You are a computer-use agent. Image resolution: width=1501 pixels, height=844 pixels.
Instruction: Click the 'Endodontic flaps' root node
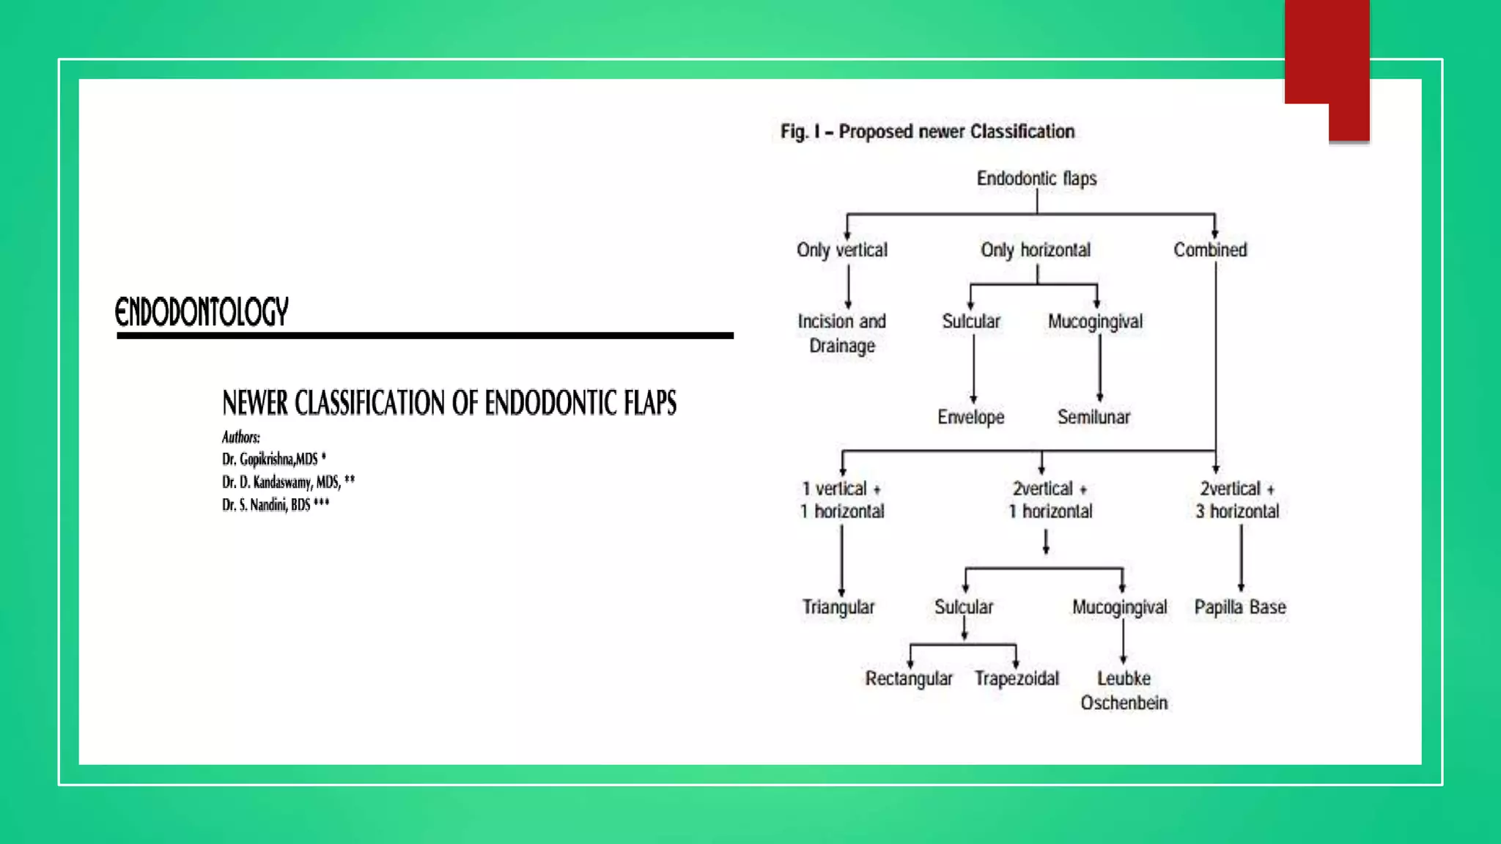click(1036, 178)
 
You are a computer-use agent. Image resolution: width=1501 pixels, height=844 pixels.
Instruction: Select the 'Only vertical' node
click(841, 250)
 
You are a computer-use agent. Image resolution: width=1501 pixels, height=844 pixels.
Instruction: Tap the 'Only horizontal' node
click(1035, 250)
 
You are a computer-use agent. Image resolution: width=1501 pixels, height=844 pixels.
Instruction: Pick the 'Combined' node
click(1210, 250)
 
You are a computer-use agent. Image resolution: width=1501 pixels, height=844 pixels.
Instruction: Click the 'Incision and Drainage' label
click(841, 333)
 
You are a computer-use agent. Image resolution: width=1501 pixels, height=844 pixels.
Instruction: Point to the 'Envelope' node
click(970, 417)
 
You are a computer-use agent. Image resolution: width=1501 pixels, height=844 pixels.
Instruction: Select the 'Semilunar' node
click(1094, 417)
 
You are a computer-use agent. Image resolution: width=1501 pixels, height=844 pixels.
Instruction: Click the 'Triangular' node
click(838, 607)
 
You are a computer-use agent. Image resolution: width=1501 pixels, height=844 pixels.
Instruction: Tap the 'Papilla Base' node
click(1240, 607)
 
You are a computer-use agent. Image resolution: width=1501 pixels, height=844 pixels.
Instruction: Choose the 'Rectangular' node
click(909, 678)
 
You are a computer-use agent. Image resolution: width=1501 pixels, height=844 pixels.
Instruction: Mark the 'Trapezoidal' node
click(1017, 678)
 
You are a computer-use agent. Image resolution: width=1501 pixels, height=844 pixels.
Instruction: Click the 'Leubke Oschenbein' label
click(1124, 690)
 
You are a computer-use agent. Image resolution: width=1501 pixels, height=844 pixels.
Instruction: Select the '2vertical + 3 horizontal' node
click(1237, 500)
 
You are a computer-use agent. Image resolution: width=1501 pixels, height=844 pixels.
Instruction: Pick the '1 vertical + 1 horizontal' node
click(842, 500)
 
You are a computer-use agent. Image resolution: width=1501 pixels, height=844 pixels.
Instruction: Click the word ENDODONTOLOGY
click(202, 312)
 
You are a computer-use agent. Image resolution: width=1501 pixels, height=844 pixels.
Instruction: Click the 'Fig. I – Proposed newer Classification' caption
click(927, 132)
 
